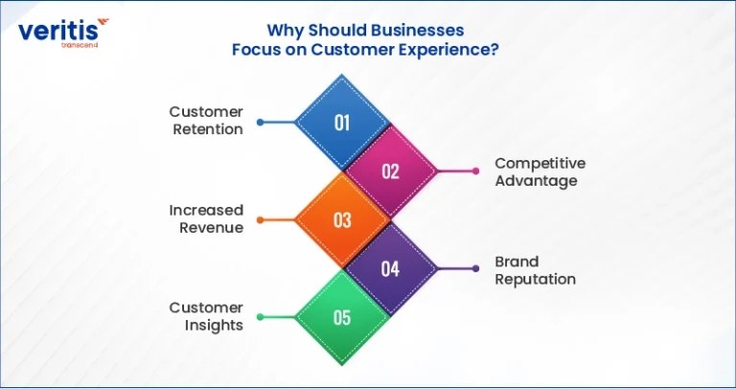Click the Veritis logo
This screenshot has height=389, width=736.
pyautogui.click(x=63, y=33)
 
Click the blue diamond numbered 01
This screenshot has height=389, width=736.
pyautogui.click(x=342, y=122)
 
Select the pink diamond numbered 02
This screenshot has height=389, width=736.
pyautogui.click(x=391, y=172)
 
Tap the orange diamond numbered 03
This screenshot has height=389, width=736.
pyautogui.click(x=342, y=219)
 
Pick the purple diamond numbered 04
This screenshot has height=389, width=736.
pyautogui.click(x=391, y=269)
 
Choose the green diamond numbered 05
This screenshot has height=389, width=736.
pyautogui.click(x=342, y=318)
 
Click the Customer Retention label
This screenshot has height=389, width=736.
pyautogui.click(x=207, y=121)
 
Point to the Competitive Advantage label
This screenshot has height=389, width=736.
pyautogui.click(x=540, y=172)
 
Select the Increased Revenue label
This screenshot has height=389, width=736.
pyautogui.click(x=207, y=218)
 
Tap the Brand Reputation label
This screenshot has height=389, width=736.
pyautogui.click(x=535, y=270)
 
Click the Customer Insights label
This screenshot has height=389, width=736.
pyautogui.click(x=207, y=316)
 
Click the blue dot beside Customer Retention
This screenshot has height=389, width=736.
pyautogui.click(x=261, y=123)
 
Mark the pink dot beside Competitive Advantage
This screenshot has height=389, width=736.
pyautogui.click(x=476, y=172)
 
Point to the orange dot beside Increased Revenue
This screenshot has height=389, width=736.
pyautogui.click(x=261, y=220)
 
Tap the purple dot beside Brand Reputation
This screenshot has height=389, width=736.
pyautogui.click(x=476, y=269)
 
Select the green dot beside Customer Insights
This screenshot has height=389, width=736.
pyautogui.click(x=261, y=317)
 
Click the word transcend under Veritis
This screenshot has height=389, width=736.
pyautogui.click(x=80, y=46)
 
